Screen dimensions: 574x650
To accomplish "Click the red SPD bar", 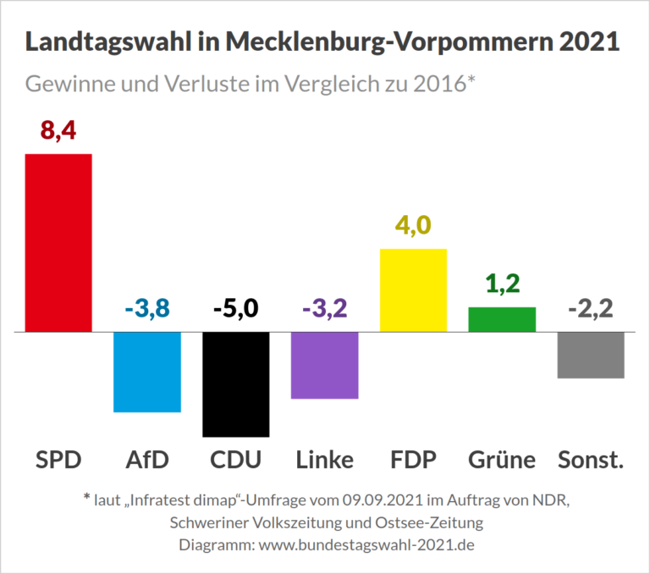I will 58,242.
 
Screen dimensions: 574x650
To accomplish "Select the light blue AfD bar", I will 147,372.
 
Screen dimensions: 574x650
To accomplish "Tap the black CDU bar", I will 236,384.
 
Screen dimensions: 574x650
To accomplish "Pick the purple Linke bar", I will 325,365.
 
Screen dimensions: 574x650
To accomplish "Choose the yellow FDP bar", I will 414,290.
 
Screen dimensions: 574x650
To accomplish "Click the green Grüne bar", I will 502,319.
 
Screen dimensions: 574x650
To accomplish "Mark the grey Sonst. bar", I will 591,355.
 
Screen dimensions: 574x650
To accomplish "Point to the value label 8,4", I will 58,132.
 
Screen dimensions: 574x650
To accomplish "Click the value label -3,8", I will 147,309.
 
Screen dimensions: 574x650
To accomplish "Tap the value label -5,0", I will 236,309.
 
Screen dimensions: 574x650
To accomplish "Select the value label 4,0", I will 414,226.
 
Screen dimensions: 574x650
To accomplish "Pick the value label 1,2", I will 502,284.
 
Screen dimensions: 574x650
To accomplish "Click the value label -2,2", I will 591,309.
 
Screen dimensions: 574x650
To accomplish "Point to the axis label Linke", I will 325,460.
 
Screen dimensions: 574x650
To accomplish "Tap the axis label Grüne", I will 502,460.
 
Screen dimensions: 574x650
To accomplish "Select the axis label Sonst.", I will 591,460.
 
